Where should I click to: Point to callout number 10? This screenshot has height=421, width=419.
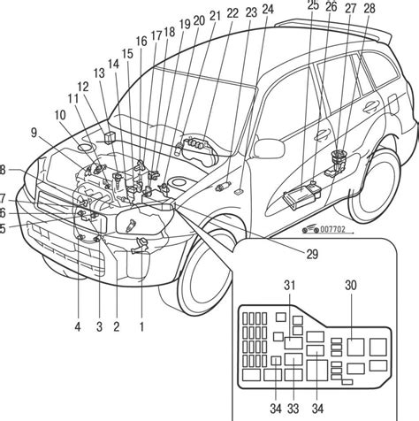tap(59, 114)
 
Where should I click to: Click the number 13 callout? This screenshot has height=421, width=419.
tap(99, 73)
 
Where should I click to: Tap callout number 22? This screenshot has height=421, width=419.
tap(232, 13)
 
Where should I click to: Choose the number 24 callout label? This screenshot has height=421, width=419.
tap(268, 9)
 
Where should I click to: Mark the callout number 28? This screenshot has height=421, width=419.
tap(369, 9)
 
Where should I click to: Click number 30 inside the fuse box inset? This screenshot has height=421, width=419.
tap(351, 286)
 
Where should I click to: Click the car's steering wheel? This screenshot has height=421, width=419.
tap(197, 145)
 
